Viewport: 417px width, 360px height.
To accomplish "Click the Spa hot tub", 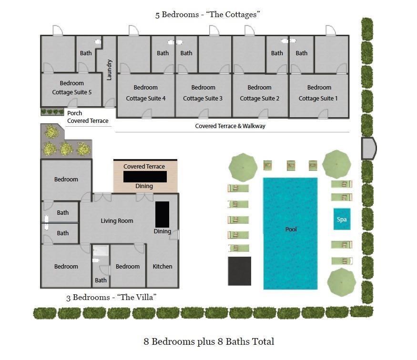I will tap(342, 220).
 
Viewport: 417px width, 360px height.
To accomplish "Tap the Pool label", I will tap(291, 230).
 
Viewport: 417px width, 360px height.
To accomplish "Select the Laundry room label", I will tap(109, 70).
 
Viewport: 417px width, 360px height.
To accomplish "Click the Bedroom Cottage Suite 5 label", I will tap(72, 88).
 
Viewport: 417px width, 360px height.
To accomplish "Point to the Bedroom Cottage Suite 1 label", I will tap(318, 93).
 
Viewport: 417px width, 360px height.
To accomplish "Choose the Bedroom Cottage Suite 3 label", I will tap(203, 93).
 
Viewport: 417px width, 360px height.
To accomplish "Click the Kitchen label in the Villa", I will tap(162, 266).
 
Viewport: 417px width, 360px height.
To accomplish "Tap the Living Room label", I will tap(117, 221).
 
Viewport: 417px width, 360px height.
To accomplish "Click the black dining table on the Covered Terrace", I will tap(145, 177).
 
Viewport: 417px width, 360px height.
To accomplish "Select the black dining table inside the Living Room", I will tap(162, 214).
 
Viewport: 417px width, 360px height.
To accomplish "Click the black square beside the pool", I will tap(239, 271).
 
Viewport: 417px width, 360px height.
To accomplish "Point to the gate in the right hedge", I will tap(368, 148).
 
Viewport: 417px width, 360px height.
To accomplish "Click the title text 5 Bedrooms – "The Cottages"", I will tap(208, 15).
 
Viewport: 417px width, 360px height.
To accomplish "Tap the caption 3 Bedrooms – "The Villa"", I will tap(112, 298).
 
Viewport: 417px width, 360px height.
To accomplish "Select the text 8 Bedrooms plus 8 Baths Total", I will tap(209, 341).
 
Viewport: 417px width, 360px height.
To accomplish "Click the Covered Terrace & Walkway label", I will tap(230, 126).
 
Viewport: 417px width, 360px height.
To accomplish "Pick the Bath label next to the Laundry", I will tap(86, 53).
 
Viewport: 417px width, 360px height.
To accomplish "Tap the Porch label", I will tap(74, 113).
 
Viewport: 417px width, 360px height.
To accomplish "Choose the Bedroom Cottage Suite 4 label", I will tap(145, 93).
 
